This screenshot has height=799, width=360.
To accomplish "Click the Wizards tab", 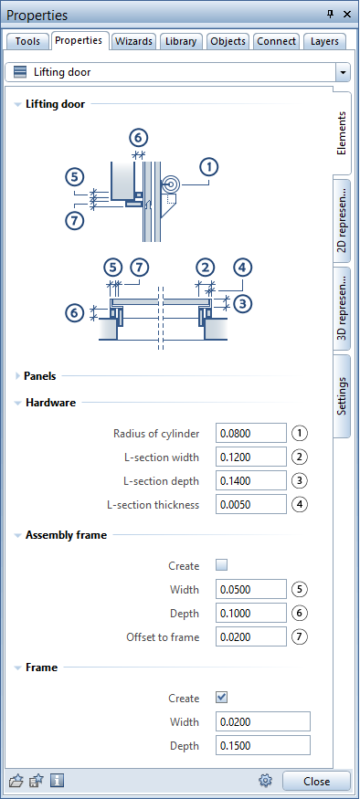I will [x=134, y=41].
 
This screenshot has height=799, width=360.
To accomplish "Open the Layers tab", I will [x=324, y=41].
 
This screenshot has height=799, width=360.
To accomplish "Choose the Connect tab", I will [x=276, y=41].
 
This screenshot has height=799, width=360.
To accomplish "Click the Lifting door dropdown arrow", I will [x=343, y=72].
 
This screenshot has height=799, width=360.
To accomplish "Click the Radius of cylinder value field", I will [x=251, y=433].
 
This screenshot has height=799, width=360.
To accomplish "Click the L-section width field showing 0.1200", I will [x=251, y=457].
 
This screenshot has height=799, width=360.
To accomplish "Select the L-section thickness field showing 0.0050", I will [x=251, y=504].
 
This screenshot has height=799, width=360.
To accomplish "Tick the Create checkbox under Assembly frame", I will [x=221, y=565].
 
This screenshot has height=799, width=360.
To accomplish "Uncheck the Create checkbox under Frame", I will [x=221, y=698].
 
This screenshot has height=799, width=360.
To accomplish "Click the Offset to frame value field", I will [x=251, y=636].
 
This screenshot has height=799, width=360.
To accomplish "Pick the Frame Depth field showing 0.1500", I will [x=263, y=745].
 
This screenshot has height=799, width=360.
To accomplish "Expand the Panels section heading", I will [x=40, y=375].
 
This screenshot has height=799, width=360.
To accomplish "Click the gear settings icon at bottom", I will [x=266, y=781].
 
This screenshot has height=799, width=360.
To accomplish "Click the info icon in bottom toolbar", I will [x=57, y=781].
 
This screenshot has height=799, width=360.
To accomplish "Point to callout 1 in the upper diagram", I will [x=211, y=166].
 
